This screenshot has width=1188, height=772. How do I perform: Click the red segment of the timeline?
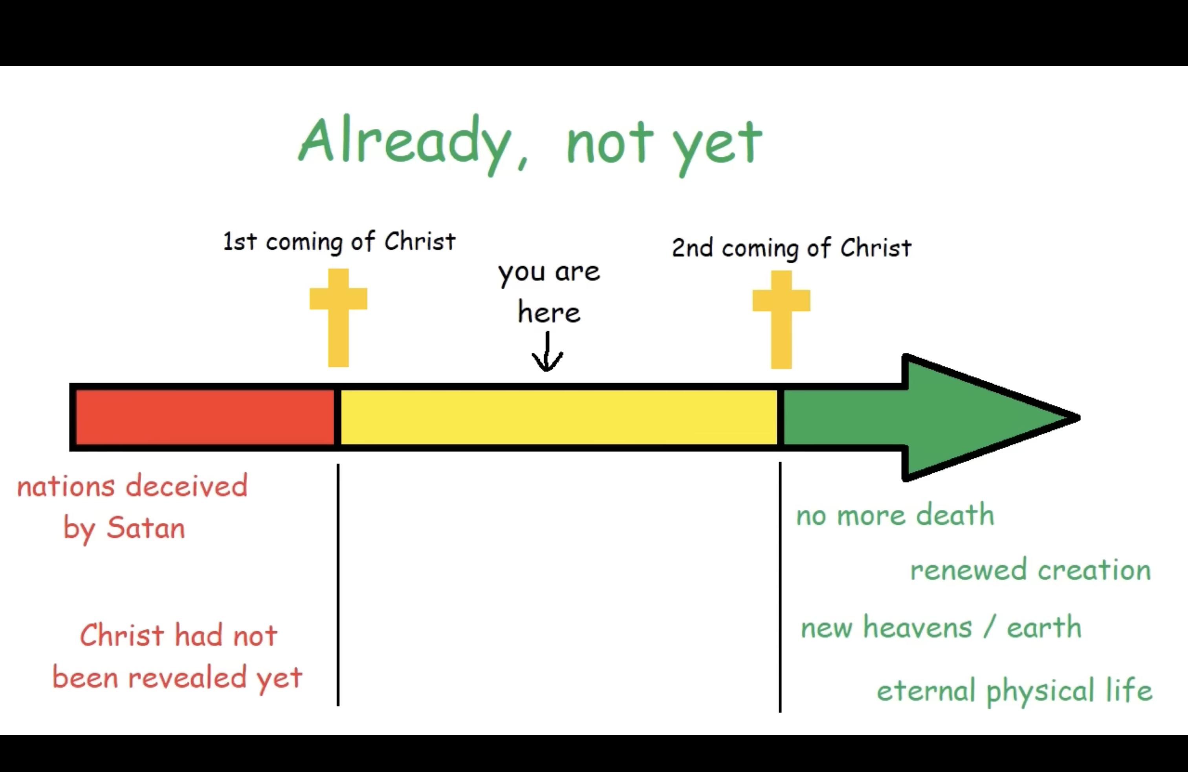(x=205, y=417)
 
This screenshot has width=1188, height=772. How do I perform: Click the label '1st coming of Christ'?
(x=339, y=242)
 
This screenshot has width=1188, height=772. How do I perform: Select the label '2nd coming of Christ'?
(x=792, y=248)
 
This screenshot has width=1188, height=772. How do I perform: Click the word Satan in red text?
(x=145, y=528)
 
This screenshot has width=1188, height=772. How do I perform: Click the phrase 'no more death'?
(x=895, y=515)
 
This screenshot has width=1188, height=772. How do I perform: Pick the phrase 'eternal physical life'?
(x=1014, y=691)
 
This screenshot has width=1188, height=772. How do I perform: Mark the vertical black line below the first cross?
(x=338, y=584)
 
